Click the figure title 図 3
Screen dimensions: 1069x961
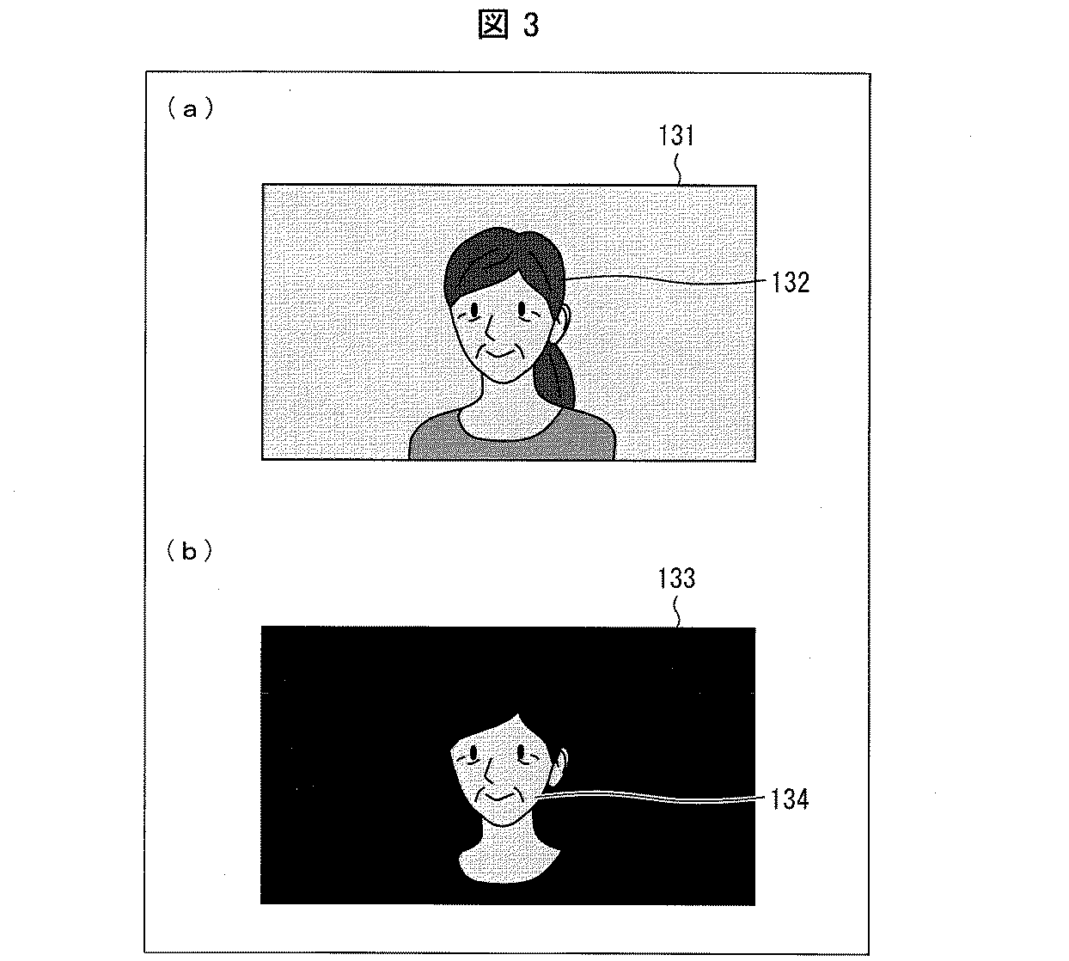(x=508, y=25)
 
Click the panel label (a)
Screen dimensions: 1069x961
(x=189, y=108)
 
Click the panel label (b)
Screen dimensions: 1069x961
(x=189, y=551)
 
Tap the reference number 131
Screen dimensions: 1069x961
(x=676, y=136)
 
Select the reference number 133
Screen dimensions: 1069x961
(x=676, y=578)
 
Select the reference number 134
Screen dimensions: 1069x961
(x=790, y=800)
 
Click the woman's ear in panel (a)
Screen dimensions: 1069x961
(x=564, y=322)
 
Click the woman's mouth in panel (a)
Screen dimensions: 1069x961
(x=498, y=353)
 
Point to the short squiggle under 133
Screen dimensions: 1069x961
(x=679, y=611)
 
